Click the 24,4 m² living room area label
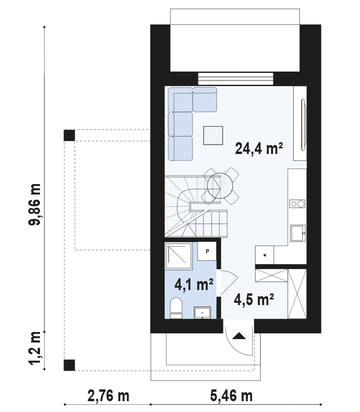pos(259,148)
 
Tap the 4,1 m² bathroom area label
pos(194,284)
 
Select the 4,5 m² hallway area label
pos(254,299)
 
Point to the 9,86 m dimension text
pos(35,204)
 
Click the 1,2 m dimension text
pos(35,348)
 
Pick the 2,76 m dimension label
pos(108,396)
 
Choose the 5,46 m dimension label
pos(232,396)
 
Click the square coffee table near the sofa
pos(213,135)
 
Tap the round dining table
pos(220,186)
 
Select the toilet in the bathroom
pos(176,308)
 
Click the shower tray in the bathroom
pos(178,256)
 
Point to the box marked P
pos(207,251)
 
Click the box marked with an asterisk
pos(264,255)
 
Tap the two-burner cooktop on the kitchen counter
pos(297,203)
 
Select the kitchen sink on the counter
pos(298,233)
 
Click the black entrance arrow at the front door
pos(239,336)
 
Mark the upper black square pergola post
pos(69,135)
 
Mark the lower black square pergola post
pos(69,365)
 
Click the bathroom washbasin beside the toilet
pos(202,313)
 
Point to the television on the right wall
pos(303,125)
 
